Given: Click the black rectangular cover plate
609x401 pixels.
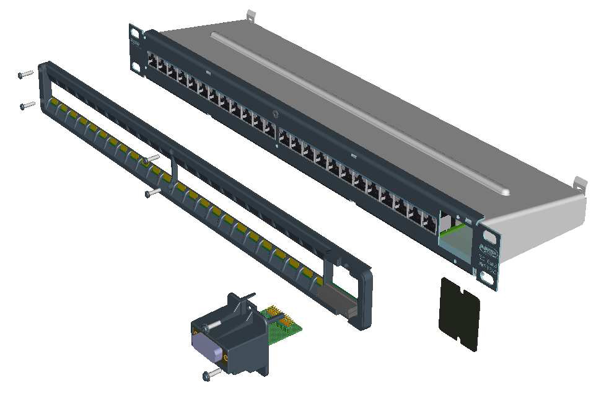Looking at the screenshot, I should pyautogui.click(x=460, y=314).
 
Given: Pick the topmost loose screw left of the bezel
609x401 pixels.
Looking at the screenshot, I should pyautogui.click(x=25, y=74).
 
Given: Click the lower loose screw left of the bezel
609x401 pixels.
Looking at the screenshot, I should pyautogui.click(x=27, y=105).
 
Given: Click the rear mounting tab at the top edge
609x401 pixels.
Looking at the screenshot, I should pyautogui.click(x=250, y=14).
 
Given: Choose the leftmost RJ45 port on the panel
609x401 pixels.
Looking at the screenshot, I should pyautogui.click(x=152, y=61).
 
